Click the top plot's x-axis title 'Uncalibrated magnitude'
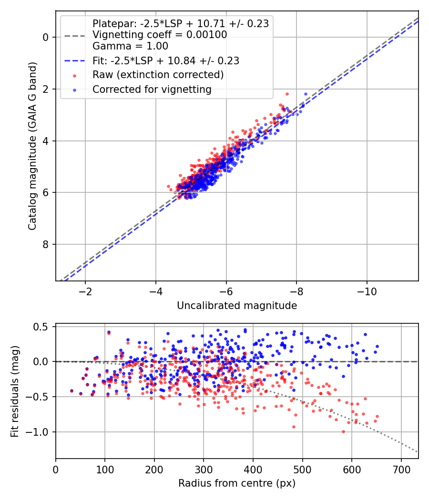coord(237,305)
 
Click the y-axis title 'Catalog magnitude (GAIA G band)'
coord(32,146)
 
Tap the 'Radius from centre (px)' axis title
coord(237,483)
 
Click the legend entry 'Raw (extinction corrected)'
coord(158,75)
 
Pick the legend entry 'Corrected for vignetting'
coord(152,89)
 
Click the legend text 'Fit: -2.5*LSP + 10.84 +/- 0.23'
coord(165,60)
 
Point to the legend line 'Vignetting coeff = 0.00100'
coord(160,35)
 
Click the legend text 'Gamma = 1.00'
coord(130,46)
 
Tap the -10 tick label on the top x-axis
coord(367,291)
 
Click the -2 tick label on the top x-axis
coord(85,291)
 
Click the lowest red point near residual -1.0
coord(343,431)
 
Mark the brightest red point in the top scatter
coord(287,94)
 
